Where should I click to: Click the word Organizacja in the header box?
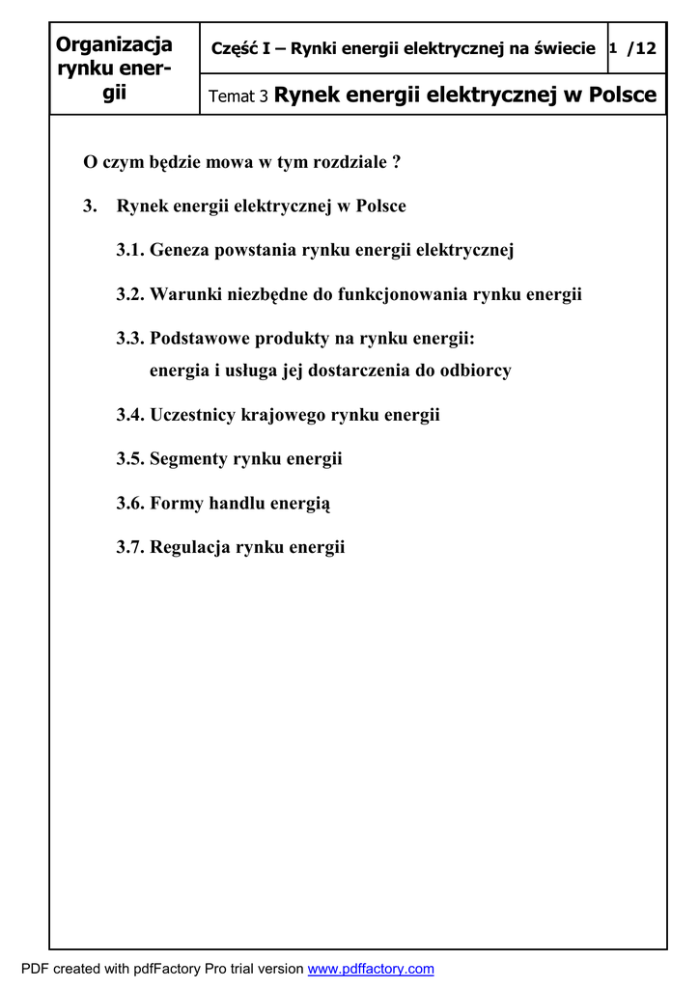point(114,44)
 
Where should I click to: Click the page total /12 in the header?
point(642,48)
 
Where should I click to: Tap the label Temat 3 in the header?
point(238,96)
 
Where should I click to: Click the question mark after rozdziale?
point(397,162)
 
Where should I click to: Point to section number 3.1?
point(131,251)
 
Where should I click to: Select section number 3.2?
point(131,295)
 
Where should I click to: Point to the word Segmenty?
point(189,460)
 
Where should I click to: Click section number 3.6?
point(131,504)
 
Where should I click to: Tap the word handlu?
point(235,504)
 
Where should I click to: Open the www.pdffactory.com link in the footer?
point(371,969)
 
